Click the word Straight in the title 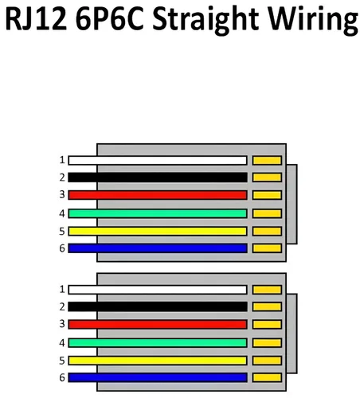point(205,20)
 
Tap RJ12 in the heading point(36,18)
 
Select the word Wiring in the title point(313,20)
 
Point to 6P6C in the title point(109,18)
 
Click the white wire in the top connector point(158,161)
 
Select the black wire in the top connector point(158,178)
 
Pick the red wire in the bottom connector point(158,324)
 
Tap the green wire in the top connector point(158,213)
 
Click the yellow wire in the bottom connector point(158,361)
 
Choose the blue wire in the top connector point(158,248)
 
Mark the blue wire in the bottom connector point(158,377)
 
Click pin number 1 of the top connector point(62,160)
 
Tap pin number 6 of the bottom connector point(62,377)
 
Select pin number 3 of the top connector point(62,194)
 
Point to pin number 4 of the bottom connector point(62,343)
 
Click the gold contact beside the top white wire point(267,161)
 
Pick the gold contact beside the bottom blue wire point(267,377)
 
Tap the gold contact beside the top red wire point(267,195)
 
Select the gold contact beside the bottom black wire point(267,306)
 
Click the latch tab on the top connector point(292,204)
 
